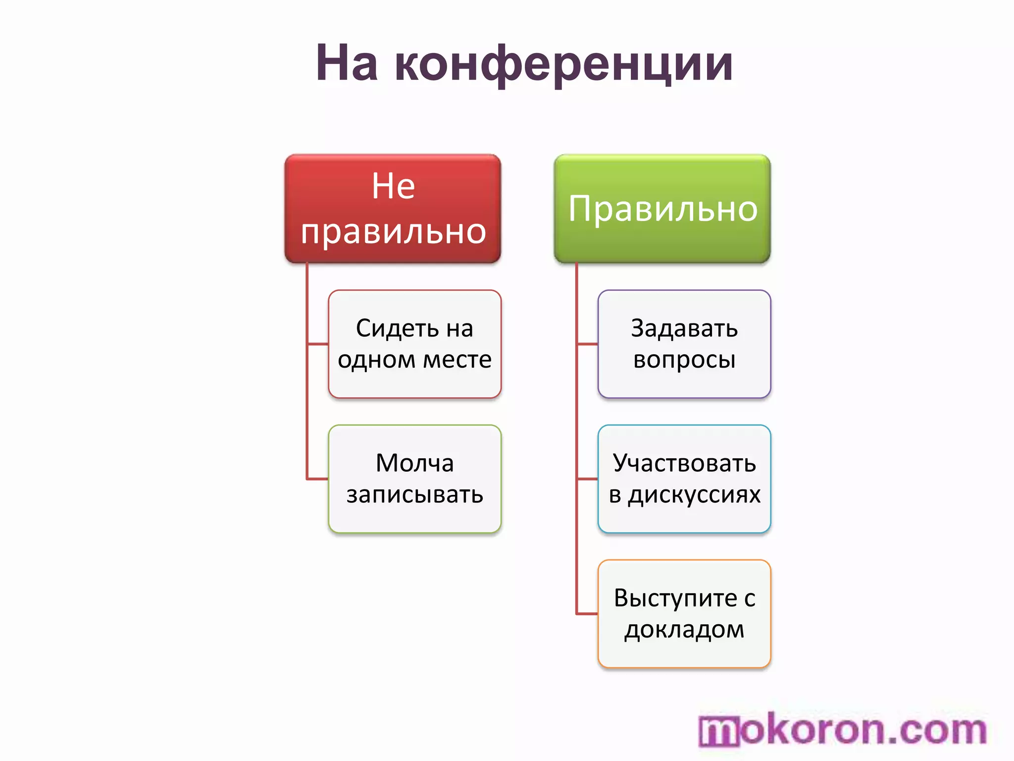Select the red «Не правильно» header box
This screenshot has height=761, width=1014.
(x=393, y=209)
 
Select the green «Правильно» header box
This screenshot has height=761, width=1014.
(x=662, y=209)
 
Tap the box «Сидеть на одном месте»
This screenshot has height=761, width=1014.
(x=415, y=344)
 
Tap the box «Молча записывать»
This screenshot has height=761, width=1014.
(x=415, y=479)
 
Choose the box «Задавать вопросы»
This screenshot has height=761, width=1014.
(x=684, y=344)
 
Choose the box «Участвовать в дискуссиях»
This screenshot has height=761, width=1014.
(x=684, y=479)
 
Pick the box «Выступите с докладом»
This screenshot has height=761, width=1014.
(x=684, y=614)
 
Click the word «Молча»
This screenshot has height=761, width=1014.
(x=415, y=463)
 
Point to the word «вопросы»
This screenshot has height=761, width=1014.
(x=684, y=360)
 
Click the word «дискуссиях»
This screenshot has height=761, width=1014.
(x=694, y=495)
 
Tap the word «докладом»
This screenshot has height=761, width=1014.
(x=684, y=630)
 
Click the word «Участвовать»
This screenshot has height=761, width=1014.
(x=684, y=463)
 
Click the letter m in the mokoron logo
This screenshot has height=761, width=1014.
(x=719, y=732)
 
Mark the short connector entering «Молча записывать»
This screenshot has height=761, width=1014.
(x=318, y=479)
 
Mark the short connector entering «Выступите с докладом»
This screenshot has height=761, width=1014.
(x=587, y=614)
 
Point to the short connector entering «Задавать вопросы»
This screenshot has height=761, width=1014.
(x=587, y=344)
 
